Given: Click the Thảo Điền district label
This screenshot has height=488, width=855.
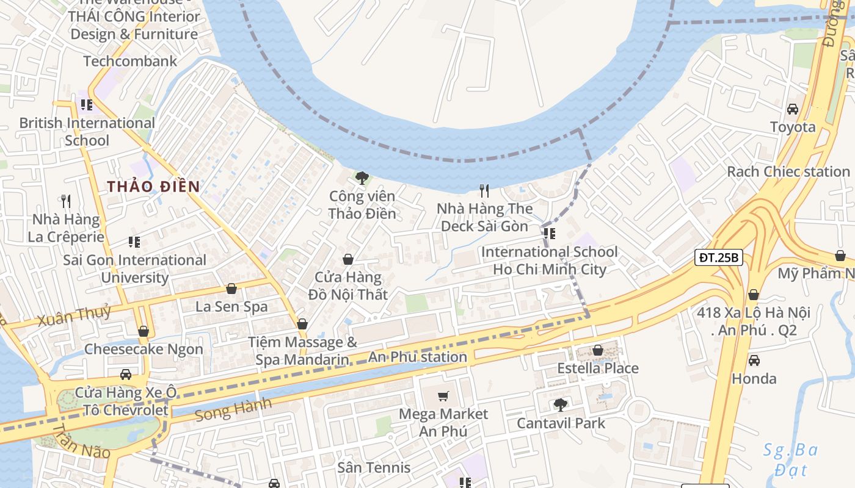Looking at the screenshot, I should tap(154, 187).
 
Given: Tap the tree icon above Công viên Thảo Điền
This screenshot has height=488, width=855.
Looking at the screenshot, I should tap(362, 178).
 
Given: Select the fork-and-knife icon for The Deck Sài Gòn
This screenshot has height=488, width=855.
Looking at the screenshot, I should tap(484, 191).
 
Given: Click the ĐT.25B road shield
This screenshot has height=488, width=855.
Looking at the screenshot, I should tap(719, 257).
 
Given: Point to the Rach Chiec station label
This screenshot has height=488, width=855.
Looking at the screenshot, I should tap(788, 172).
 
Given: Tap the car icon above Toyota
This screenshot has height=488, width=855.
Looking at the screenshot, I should tap(792, 109).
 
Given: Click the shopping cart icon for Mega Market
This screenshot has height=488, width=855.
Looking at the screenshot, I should tap(443, 396).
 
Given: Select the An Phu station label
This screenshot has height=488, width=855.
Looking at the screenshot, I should tap(418, 357).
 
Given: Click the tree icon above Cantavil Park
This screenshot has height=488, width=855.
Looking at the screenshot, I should tap(560, 404).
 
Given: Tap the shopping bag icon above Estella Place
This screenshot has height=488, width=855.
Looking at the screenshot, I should tap(598, 350).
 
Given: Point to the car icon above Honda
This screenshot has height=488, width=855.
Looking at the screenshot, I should tap(754, 360).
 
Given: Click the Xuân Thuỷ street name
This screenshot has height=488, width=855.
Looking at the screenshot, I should tap(74, 315).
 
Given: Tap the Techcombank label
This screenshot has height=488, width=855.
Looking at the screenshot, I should tap(130, 61).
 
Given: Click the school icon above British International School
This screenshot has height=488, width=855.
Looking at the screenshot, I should tap(86, 104).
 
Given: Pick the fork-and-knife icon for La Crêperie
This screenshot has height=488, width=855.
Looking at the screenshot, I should tap(67, 200).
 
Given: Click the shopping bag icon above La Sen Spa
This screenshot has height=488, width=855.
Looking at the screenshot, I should tap(231, 289).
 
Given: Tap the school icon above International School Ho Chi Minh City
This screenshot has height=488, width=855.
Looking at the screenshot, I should tap(549, 233).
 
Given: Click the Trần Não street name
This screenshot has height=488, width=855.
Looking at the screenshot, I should tap(81, 442).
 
